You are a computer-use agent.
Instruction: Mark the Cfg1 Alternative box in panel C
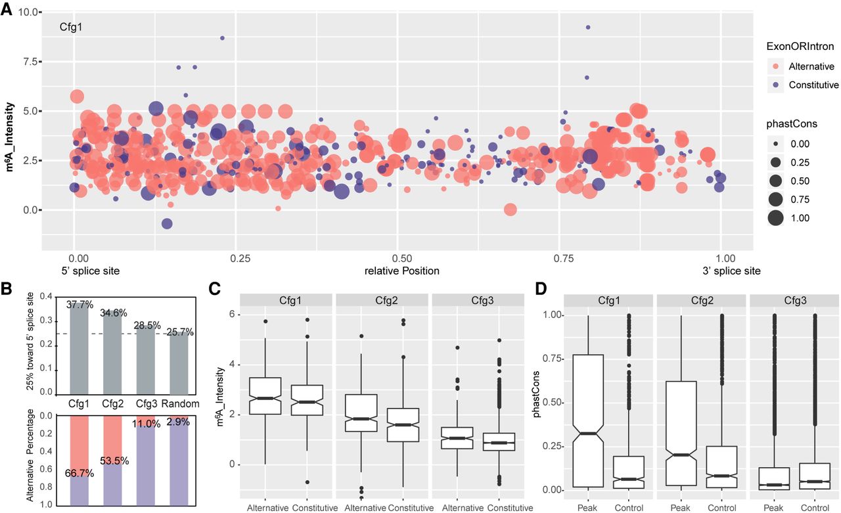pyautogui.click(x=265, y=396)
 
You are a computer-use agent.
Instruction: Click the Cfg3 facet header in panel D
pyautogui.click(x=790, y=300)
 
